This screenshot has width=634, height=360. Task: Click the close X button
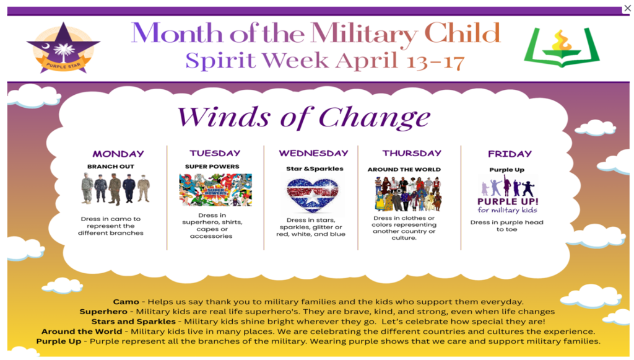coord(627,8)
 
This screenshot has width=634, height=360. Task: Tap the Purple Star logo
coord(63,47)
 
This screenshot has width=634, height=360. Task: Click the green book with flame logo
coord(562,47)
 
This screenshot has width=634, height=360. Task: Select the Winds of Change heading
coord(303,116)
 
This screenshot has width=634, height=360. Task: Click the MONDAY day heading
coord(118,154)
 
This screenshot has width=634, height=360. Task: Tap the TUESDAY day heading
coord(215,153)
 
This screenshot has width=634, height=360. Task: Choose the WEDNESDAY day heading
coord(313,153)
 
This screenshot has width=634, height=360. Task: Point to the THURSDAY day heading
coord(412,153)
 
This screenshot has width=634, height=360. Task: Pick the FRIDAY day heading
coord(510,154)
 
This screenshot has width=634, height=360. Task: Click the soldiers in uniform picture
coord(116,189)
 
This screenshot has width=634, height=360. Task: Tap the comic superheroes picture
coord(215,190)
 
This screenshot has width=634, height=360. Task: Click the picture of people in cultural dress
coord(407,193)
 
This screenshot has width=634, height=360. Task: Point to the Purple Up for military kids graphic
coord(507,196)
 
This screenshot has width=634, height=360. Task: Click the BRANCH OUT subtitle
coord(111,167)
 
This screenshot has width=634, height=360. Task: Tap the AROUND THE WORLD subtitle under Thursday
coord(404,169)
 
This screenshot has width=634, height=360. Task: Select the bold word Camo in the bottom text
coord(126,302)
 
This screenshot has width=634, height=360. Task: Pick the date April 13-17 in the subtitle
coord(400,61)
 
